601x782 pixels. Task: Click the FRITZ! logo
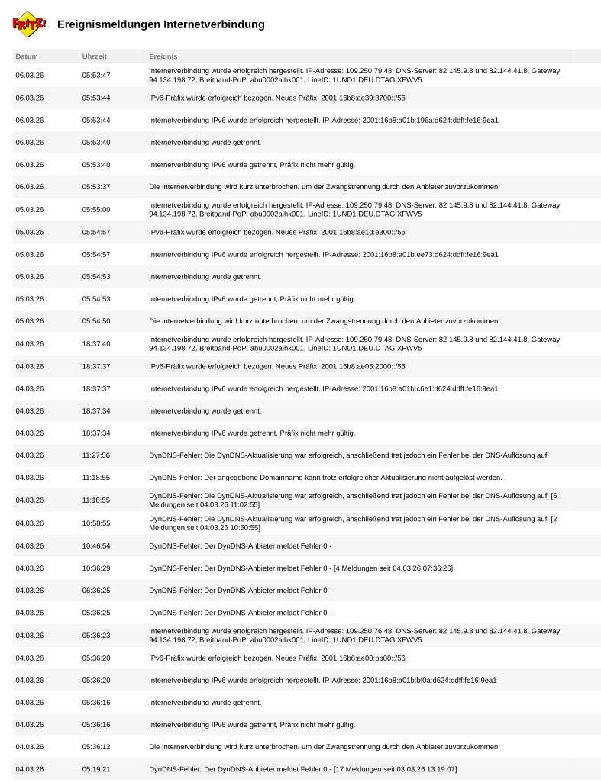(29, 24)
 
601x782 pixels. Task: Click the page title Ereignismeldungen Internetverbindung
(161, 24)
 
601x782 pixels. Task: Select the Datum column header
(27, 56)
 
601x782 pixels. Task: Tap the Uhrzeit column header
(95, 56)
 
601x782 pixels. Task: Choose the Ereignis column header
(163, 56)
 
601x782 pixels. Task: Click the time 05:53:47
(96, 75)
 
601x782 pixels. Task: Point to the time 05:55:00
(96, 209)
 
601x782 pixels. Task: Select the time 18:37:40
(96, 343)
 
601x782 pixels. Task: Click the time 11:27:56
(96, 455)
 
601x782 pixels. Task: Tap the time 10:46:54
(96, 545)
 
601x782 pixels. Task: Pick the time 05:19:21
(96, 769)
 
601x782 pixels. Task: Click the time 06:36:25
(96, 591)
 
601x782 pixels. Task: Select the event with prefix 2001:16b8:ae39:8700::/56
(277, 98)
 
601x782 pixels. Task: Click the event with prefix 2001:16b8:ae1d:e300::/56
(277, 232)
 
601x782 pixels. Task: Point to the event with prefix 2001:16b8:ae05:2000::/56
(277, 366)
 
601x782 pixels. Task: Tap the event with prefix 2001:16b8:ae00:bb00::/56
(277, 658)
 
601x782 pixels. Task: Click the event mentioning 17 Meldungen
(303, 769)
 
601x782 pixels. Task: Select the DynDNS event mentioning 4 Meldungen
(301, 568)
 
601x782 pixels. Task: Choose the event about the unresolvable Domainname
(325, 478)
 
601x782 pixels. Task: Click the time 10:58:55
(96, 523)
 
